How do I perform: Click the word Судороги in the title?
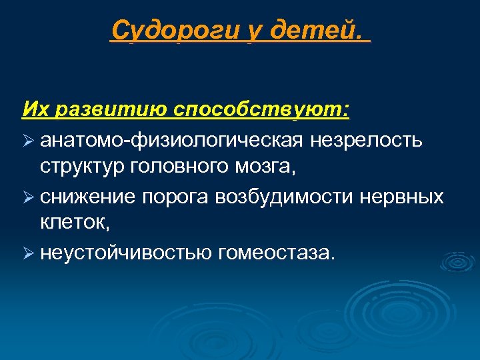[x=175, y=30]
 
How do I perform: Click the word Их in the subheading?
[x=33, y=108]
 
